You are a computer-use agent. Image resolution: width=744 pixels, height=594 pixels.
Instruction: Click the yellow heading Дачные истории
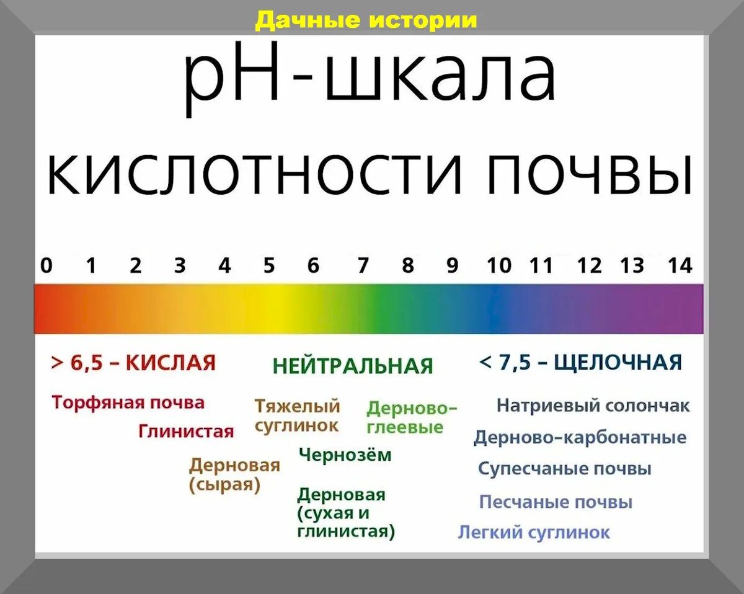366,20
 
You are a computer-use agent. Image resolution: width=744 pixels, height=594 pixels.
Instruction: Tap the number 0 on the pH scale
46,266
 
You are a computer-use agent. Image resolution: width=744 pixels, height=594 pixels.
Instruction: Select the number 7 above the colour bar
363,266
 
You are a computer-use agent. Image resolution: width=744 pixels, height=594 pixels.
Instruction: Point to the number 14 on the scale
680,266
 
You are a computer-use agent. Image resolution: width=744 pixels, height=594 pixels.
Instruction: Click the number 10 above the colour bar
499,266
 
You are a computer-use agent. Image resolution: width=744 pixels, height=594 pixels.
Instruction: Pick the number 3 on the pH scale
180,266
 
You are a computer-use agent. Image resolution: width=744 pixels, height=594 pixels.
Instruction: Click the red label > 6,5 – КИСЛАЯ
133,363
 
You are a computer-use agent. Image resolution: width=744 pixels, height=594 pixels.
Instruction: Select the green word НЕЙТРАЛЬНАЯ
353,366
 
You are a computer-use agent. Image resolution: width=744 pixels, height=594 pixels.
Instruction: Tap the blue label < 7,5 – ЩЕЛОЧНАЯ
580,362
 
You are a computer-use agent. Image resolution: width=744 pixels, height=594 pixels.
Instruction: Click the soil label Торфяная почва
128,403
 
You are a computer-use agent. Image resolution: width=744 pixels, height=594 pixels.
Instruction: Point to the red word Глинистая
186,431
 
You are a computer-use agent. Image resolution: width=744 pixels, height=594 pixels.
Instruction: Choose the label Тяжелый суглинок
298,416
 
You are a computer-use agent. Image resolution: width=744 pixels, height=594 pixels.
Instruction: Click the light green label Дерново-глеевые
412,418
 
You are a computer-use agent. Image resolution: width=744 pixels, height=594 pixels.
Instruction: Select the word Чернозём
345,455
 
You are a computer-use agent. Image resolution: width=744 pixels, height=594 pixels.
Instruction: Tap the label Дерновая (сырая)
234,475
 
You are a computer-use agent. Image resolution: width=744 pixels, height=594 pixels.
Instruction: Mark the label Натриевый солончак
593,406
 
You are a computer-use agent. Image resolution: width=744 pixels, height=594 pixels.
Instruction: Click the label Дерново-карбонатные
580,438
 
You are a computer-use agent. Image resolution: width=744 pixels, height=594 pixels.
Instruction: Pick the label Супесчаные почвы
565,469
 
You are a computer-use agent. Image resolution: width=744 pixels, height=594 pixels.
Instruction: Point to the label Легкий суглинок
534,533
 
